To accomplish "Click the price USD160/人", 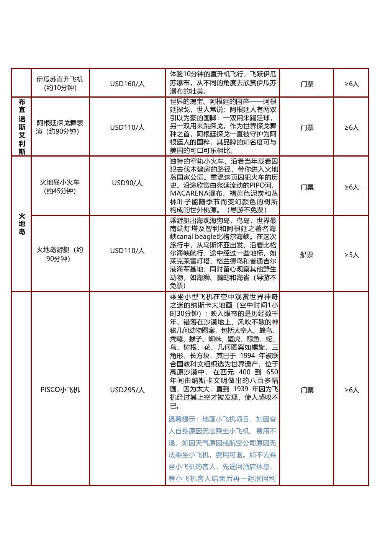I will [x=127, y=83].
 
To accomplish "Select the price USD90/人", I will [x=127, y=183].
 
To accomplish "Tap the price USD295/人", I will [x=127, y=390].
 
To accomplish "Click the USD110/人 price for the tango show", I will [x=127, y=127].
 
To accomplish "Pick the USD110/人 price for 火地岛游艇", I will [x=127, y=251].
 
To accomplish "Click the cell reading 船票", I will [x=307, y=255].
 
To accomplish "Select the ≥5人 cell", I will [x=351, y=255].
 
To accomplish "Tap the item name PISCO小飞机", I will [x=60, y=390].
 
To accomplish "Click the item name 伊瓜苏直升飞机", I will [x=60, y=83].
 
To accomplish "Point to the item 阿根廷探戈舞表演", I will [x=60, y=127].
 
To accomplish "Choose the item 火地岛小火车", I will [x=60, y=186].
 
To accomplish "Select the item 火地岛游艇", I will [x=60, y=254].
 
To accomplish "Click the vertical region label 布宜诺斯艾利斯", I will [x=22, y=127].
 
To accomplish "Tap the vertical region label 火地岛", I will [x=22, y=224].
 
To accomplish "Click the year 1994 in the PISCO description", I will [x=247, y=356].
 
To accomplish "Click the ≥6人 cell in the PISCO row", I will [x=351, y=390].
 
